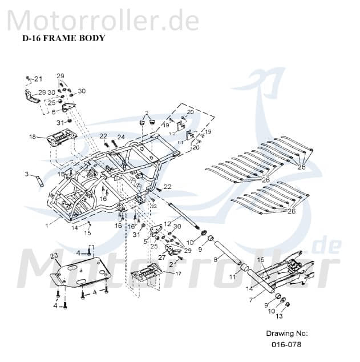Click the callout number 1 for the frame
[47, 226]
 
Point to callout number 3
[26, 174]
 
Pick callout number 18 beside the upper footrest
[33, 136]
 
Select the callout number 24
[121, 136]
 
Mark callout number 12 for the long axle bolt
[167, 223]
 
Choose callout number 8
[215, 260]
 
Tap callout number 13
[279, 316]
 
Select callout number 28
[42, 92]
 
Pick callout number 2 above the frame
[147, 112]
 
